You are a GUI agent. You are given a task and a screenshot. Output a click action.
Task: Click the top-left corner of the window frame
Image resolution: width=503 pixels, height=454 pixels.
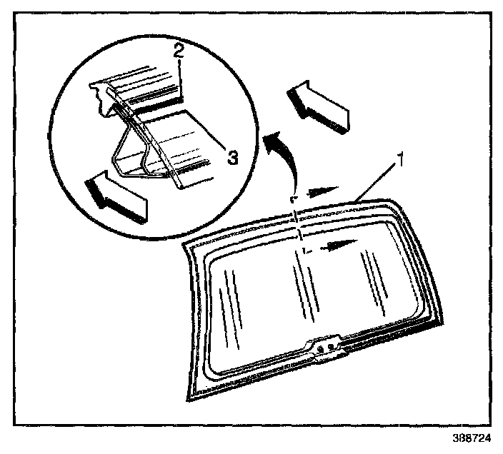coord(186,243)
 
